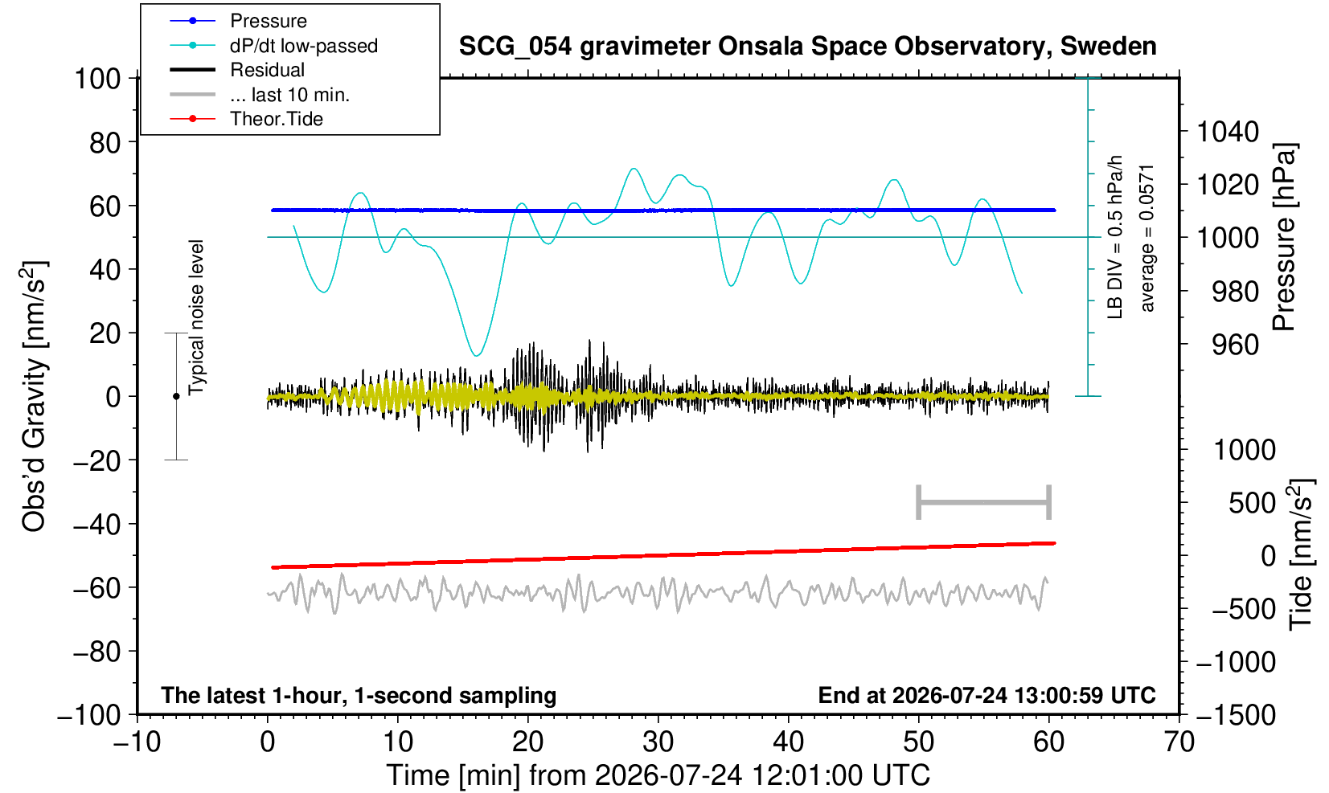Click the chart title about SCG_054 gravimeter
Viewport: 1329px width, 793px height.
(x=807, y=47)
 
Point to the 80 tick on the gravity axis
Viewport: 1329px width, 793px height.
(x=105, y=143)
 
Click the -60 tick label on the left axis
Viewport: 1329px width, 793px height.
(x=96, y=588)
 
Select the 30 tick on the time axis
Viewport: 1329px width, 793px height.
(x=658, y=742)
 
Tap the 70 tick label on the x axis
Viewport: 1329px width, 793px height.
(x=1179, y=742)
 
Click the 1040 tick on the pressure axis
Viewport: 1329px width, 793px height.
(x=1228, y=132)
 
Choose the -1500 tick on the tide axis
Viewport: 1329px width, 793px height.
(x=1236, y=715)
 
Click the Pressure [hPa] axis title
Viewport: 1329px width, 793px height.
(x=1285, y=237)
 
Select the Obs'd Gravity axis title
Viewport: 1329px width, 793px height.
(x=34, y=396)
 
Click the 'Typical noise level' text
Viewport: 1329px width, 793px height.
(x=196, y=318)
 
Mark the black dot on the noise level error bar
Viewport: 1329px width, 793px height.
(x=176, y=396)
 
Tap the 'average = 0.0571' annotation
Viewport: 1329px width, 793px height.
(x=1147, y=239)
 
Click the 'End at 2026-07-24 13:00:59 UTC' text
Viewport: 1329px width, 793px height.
(x=986, y=695)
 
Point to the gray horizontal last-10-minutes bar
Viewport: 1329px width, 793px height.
(x=984, y=502)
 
